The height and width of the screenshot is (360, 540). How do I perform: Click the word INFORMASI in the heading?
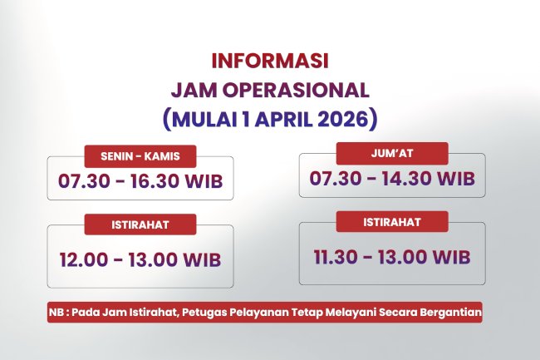pos(270,62)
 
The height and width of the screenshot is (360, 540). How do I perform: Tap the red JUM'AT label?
pos(392,153)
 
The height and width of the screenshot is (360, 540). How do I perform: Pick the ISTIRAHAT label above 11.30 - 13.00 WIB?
pos(392,221)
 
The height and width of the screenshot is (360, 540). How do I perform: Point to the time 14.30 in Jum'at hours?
pos(410,177)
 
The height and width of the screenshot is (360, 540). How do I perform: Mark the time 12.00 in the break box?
pos(84,259)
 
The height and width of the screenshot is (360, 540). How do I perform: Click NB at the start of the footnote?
pos(56,313)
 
